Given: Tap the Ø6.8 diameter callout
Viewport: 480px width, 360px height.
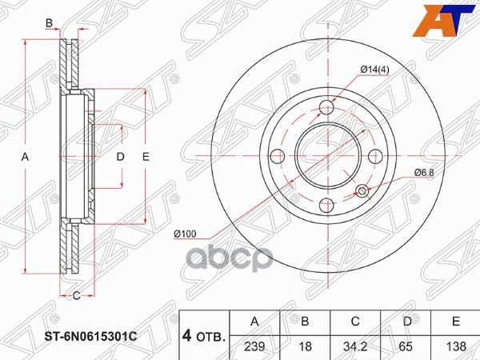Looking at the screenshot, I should tap(423, 172).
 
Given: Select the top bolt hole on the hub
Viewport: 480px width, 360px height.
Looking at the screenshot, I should tap(327, 110).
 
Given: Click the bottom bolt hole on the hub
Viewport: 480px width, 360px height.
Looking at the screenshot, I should tap(327, 205).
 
